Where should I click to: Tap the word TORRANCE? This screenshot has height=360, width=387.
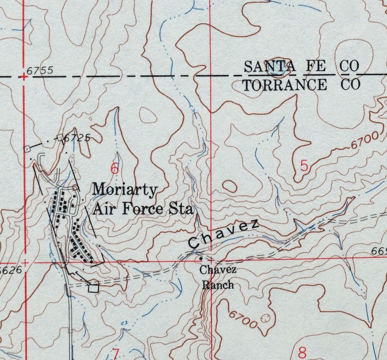coord(284,84)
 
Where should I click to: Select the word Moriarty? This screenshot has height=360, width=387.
coord(125,190)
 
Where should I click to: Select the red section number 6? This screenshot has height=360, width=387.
coord(114,169)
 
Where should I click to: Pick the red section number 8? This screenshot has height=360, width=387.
coord(302,353)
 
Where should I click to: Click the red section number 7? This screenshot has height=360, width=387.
coord(115,353)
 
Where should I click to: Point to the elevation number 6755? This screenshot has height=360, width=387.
coord(40,71)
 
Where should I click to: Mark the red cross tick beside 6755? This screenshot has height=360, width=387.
coord(24,77)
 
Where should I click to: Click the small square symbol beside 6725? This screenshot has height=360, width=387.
coord(60,137)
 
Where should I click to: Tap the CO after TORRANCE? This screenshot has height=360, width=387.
coord(350,84)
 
